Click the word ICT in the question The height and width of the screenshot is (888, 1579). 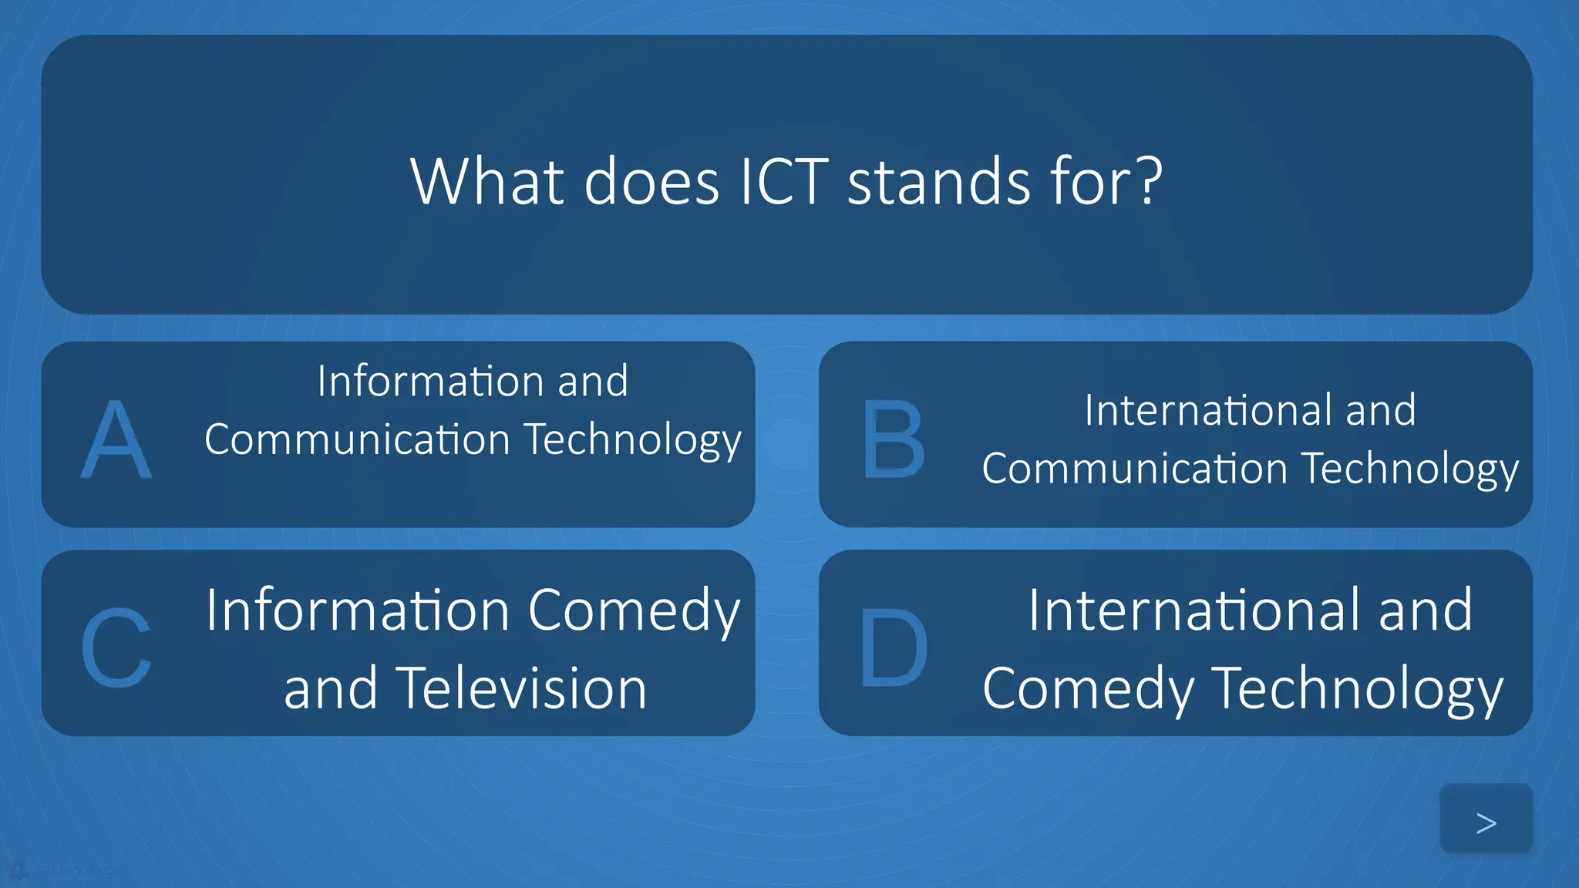[x=783, y=182]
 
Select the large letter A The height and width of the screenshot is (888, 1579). [x=116, y=440]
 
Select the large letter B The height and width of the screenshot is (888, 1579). [x=894, y=439]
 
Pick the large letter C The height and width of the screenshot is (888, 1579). [x=116, y=647]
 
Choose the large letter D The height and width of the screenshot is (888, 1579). [x=894, y=647]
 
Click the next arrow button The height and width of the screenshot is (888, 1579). [x=1486, y=822]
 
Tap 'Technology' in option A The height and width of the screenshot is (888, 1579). [x=633, y=441]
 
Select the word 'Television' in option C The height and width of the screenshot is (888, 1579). [x=521, y=688]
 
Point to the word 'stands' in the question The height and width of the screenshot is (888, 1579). [x=939, y=182]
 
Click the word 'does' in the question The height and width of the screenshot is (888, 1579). [x=651, y=182]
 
